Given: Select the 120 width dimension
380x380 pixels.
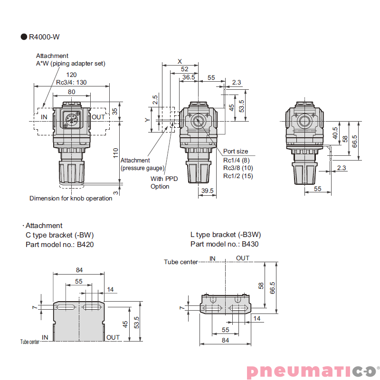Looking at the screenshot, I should point(71,75).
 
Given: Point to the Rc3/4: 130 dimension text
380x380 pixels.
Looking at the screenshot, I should point(71,82).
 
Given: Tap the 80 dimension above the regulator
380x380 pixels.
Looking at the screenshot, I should point(71,92).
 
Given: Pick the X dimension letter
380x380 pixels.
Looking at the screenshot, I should point(180,61).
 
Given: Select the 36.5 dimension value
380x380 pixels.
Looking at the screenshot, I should point(189,77).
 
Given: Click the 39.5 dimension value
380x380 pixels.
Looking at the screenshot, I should point(207,190).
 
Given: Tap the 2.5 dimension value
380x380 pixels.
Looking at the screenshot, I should point(155,100).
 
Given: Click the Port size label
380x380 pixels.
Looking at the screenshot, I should point(236,152).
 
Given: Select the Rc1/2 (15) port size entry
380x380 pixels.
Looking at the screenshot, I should point(238,176).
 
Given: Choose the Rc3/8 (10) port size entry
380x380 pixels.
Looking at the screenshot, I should point(238,168).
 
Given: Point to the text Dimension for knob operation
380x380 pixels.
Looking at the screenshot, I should point(71,199).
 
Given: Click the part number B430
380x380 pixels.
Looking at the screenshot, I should point(250,244).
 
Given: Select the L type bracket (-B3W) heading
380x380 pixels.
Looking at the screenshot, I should point(225,235).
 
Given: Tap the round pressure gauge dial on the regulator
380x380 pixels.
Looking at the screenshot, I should point(72,119).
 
